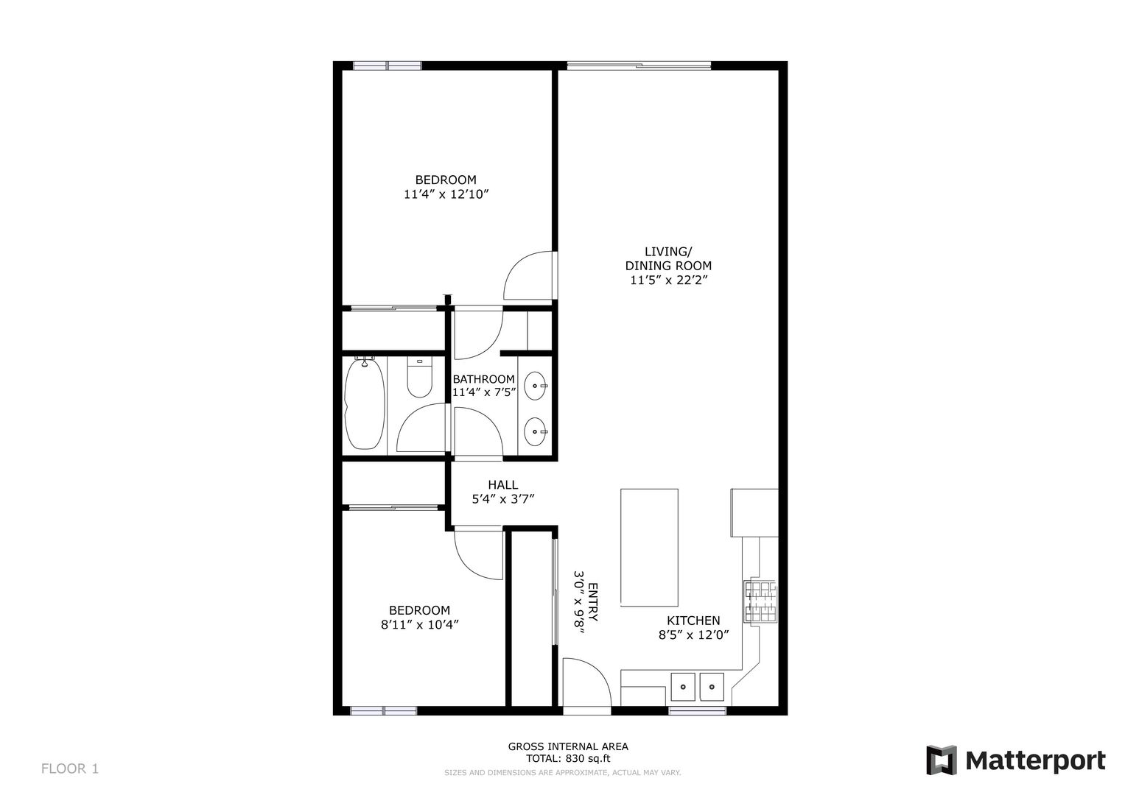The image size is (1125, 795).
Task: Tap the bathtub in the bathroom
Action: click(365, 403)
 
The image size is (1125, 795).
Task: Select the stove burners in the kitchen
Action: click(760, 602)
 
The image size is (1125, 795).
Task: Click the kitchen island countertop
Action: click(649, 548)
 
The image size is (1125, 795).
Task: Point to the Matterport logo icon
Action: click(941, 760)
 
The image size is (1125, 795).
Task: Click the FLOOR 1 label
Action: click(70, 768)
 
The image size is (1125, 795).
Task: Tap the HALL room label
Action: click(502, 485)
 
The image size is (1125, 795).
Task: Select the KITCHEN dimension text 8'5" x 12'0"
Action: click(693, 635)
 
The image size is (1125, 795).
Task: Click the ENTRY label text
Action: click(592, 602)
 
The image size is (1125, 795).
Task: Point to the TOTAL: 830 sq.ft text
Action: click(568, 758)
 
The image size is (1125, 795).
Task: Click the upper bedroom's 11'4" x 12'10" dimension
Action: click(446, 194)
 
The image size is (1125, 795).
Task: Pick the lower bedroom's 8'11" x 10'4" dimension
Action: click(419, 625)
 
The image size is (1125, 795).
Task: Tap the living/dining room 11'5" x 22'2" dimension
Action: click(668, 280)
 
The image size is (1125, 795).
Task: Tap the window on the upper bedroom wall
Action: click(387, 66)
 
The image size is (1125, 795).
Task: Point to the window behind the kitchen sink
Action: click(698, 710)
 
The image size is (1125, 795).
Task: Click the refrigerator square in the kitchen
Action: click(754, 512)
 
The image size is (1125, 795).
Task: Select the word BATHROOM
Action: click(483, 379)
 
